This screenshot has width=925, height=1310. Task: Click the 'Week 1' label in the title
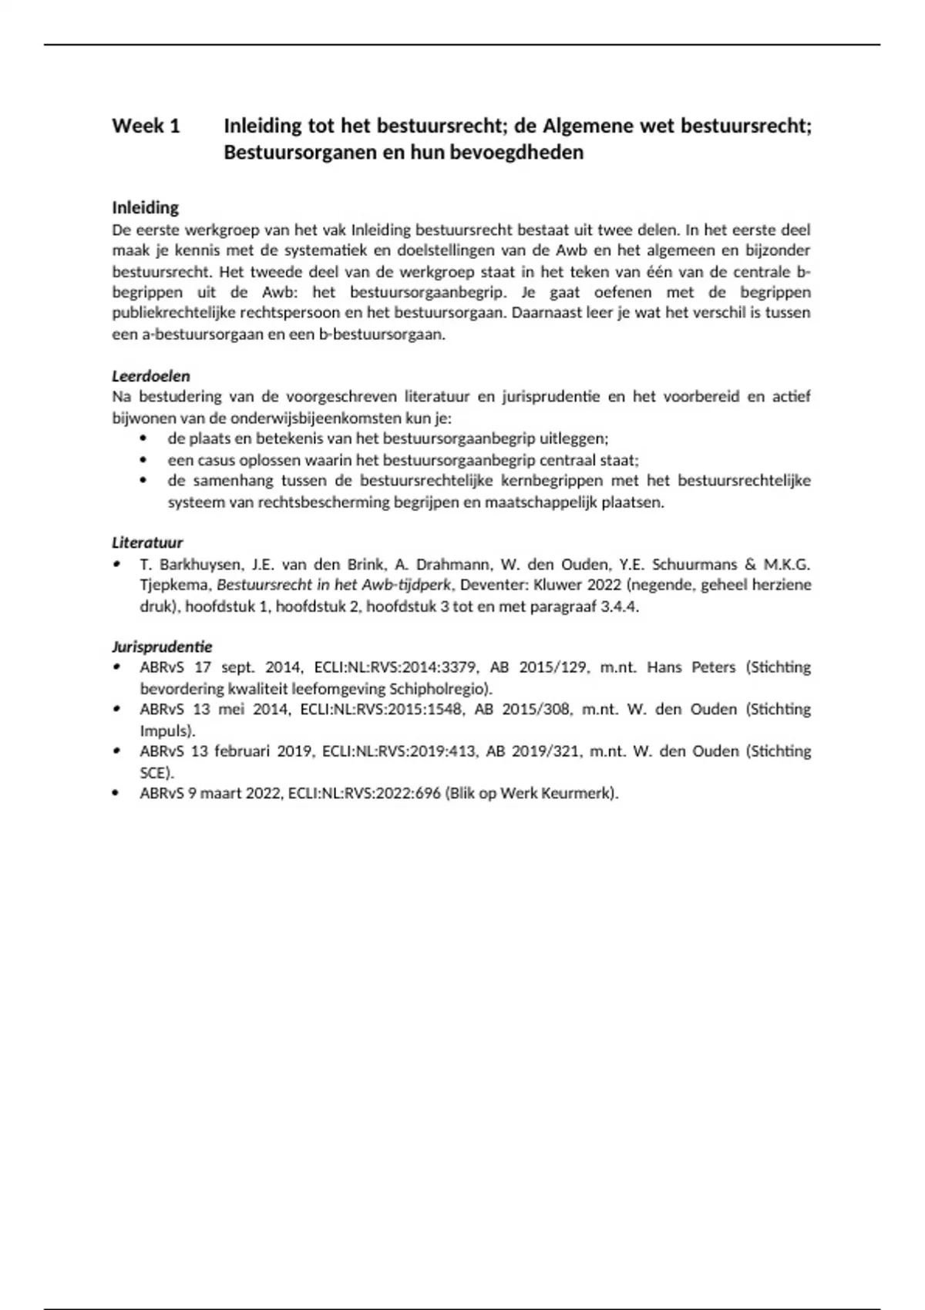(x=146, y=126)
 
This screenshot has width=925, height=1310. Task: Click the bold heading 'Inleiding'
(x=146, y=207)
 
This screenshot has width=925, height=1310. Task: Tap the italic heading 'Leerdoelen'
(x=151, y=376)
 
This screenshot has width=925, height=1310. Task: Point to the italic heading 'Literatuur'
(x=147, y=542)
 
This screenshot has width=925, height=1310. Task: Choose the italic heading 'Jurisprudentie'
(x=162, y=647)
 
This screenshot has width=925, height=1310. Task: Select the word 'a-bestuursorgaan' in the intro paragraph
(x=199, y=334)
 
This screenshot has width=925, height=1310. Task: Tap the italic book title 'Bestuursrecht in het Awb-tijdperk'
(x=334, y=585)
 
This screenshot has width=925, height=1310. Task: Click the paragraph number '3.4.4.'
(x=619, y=606)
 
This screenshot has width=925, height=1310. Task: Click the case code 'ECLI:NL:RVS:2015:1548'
(x=382, y=709)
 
